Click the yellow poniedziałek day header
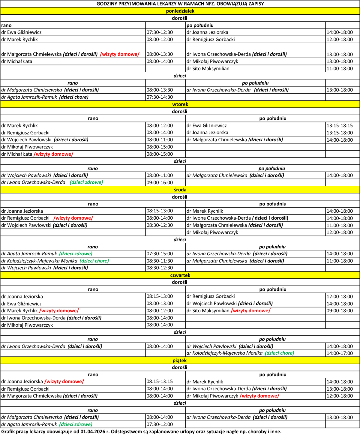pyautogui.click(x=180, y=11)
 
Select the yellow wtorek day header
pyautogui.click(x=180, y=104)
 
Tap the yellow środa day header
pyautogui.click(x=180, y=190)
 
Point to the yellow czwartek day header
pyautogui.click(x=180, y=275)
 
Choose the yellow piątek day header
pyautogui.click(x=180, y=361)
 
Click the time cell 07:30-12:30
pyautogui.click(x=160, y=32)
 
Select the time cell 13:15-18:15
pyautogui.click(x=340, y=126)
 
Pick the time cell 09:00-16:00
pyautogui.click(x=160, y=182)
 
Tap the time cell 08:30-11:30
pyautogui.click(x=160, y=261)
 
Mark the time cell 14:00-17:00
pyautogui.click(x=340, y=353)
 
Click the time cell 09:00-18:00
pyautogui.click(x=340, y=311)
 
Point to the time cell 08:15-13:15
pyautogui.click(x=160, y=382)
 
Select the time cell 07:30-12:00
pyautogui.click(x=160, y=424)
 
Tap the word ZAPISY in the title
pyautogui.click(x=255, y=4)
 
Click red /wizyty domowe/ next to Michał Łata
pyautogui.click(x=53, y=154)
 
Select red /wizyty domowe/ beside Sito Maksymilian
pyautogui.click(x=250, y=311)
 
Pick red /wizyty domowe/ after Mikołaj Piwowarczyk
pyautogui.click(x=259, y=396)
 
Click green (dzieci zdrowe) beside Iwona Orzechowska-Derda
pyautogui.click(x=86, y=182)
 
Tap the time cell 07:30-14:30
pyautogui.click(x=160, y=97)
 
